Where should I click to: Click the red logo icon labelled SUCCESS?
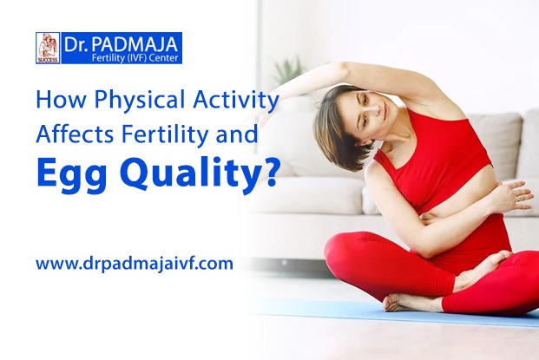click(48, 48)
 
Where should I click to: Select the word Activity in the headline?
click(235, 101)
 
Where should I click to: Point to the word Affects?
click(75, 134)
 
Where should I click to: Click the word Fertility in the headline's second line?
click(165, 134)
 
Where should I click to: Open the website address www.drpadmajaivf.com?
click(135, 265)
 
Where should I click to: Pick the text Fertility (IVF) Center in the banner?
click(135, 58)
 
